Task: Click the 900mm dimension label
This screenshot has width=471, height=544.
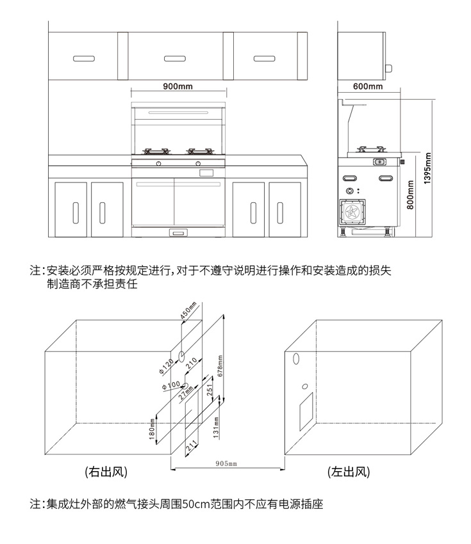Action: tap(178, 86)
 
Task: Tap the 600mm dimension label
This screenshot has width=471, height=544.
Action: tap(367, 86)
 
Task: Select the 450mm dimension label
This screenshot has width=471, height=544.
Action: tap(186, 310)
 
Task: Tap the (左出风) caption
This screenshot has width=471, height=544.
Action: tap(349, 473)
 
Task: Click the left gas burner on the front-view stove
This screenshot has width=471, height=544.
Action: tap(156, 152)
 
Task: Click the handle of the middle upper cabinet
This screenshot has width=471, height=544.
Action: tap(174, 58)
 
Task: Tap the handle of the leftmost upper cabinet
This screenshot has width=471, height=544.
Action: tap(84, 58)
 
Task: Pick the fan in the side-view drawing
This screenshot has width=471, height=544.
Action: tap(352, 212)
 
